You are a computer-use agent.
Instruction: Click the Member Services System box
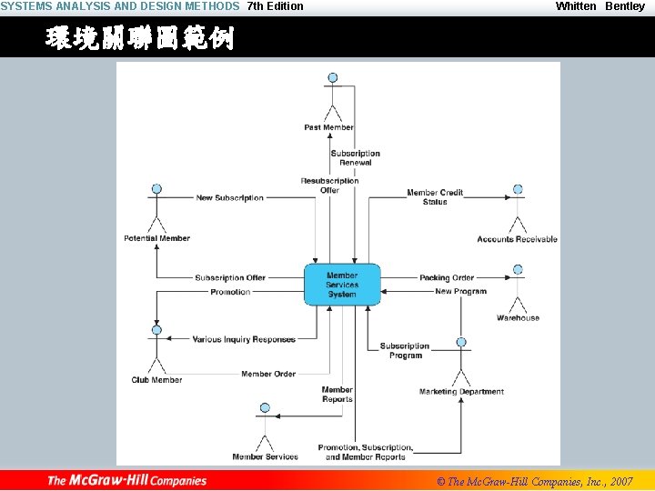click(342, 285)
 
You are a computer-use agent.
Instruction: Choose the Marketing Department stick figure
click(461, 363)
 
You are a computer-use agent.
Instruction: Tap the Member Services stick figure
click(265, 428)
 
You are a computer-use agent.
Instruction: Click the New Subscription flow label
click(230, 198)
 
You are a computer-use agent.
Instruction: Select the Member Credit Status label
click(435, 197)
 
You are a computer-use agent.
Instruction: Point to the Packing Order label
click(447, 278)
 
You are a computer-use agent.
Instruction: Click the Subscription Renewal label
click(355, 158)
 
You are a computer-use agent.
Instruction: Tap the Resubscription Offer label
click(329, 185)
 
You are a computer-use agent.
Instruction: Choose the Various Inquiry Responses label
click(244, 340)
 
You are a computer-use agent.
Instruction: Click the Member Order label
click(268, 374)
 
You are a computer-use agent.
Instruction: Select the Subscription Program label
click(405, 350)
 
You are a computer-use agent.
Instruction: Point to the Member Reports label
click(337, 395)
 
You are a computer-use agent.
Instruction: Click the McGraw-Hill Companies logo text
click(127, 480)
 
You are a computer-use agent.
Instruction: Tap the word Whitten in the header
click(576, 6)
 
